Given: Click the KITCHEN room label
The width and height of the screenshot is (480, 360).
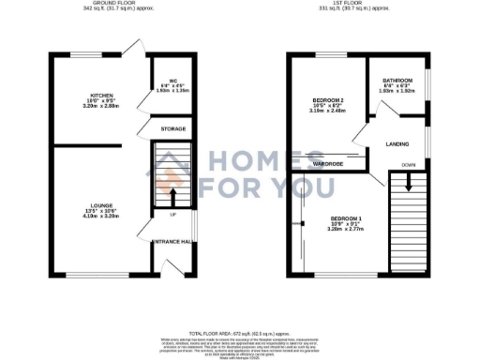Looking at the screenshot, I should tap(96, 96).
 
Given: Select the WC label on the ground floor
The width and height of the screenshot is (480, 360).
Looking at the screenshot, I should tap(172, 80).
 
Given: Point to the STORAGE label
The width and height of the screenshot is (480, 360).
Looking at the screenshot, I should tap(172, 128).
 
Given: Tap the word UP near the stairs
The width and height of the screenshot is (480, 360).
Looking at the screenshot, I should tap(172, 215).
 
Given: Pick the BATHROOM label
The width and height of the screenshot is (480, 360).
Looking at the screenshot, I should tap(395, 80).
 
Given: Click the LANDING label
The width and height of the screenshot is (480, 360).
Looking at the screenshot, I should tap(396, 143).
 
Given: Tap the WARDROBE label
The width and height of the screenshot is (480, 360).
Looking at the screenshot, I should tap(327, 161).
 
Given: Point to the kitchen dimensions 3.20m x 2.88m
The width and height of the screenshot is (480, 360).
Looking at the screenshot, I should tap(96, 108).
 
